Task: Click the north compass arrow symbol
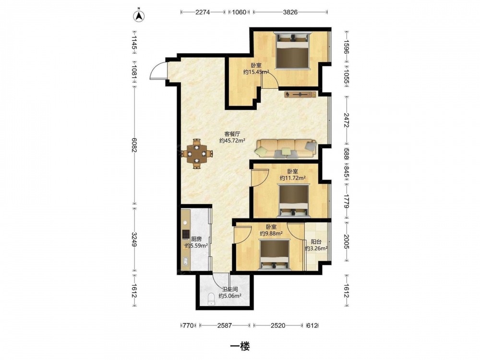click(x=139, y=15)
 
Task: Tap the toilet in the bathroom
click(x=211, y=299)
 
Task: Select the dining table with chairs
click(x=196, y=154)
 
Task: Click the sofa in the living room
click(x=287, y=149)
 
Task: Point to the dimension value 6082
click(x=134, y=145)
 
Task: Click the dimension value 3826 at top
click(x=290, y=12)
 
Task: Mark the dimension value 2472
click(x=346, y=120)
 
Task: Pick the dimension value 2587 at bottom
click(x=225, y=325)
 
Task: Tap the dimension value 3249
click(x=134, y=240)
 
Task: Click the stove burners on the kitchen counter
click(x=185, y=235)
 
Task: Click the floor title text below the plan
click(x=240, y=346)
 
